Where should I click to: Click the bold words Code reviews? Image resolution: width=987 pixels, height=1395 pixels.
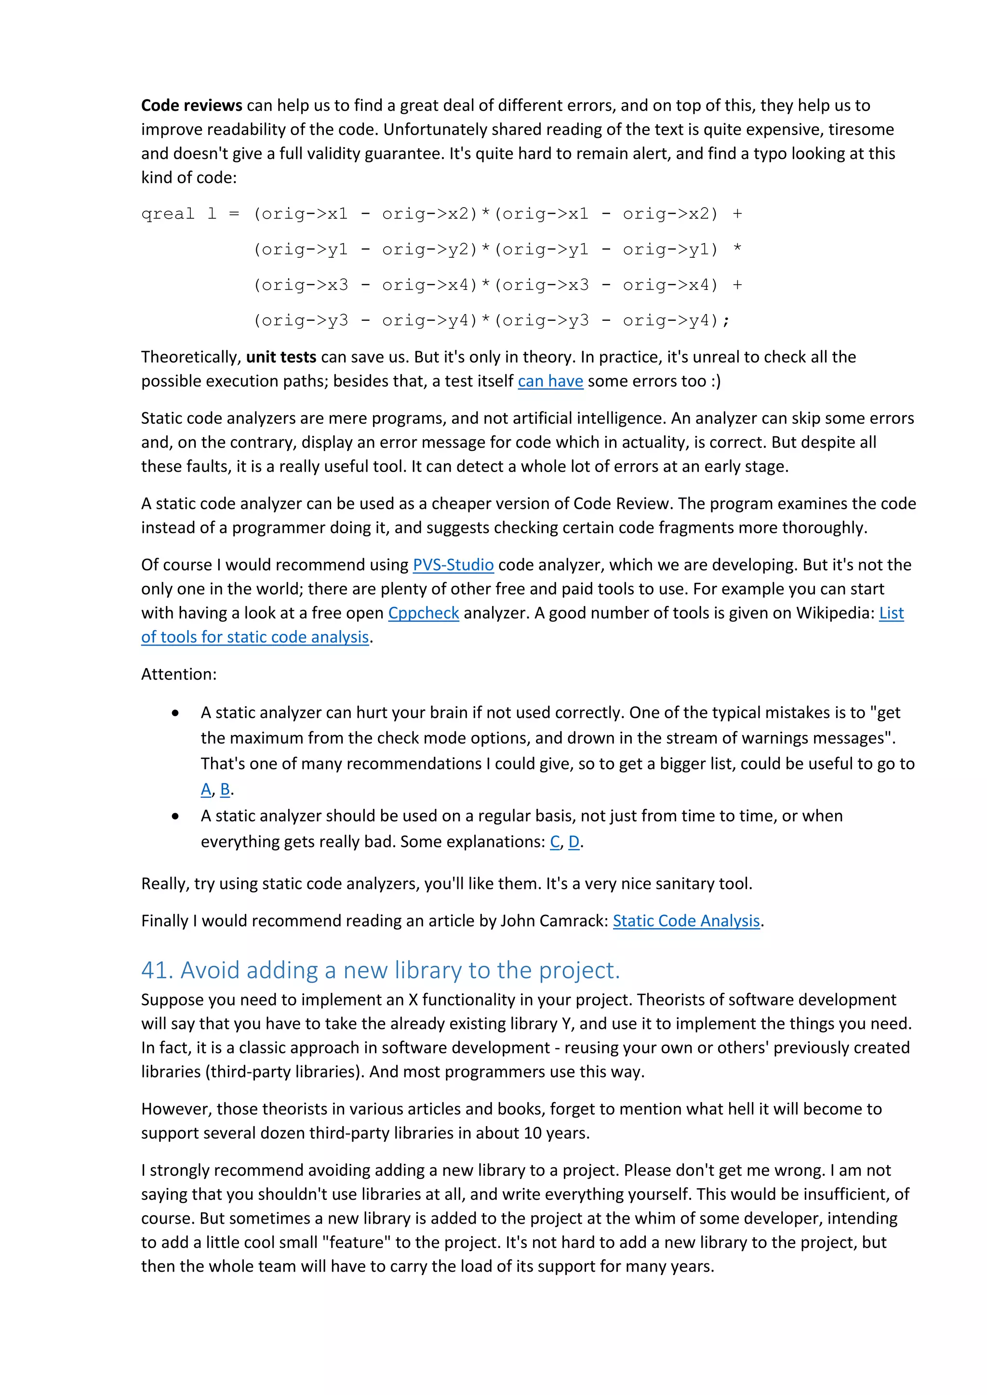click(x=191, y=105)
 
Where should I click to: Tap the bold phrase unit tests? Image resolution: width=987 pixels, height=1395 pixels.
click(x=281, y=357)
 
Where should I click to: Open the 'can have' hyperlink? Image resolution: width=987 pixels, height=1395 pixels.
click(x=550, y=382)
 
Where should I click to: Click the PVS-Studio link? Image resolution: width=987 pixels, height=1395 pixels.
click(x=453, y=565)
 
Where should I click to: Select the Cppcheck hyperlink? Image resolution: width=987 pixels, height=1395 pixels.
click(x=424, y=613)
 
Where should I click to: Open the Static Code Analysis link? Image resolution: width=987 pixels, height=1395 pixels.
click(x=686, y=921)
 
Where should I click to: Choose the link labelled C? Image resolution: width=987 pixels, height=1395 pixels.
click(x=555, y=842)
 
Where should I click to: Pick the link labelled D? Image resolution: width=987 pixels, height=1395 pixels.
click(x=574, y=842)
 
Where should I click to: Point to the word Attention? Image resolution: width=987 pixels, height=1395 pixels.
click(x=177, y=674)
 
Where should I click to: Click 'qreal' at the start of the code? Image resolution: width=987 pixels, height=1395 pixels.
click(x=168, y=214)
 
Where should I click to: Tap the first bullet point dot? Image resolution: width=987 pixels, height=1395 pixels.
click(x=175, y=713)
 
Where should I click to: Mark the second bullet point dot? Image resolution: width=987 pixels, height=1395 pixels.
click(x=175, y=816)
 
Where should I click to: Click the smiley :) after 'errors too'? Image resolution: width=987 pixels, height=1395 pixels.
click(x=715, y=382)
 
